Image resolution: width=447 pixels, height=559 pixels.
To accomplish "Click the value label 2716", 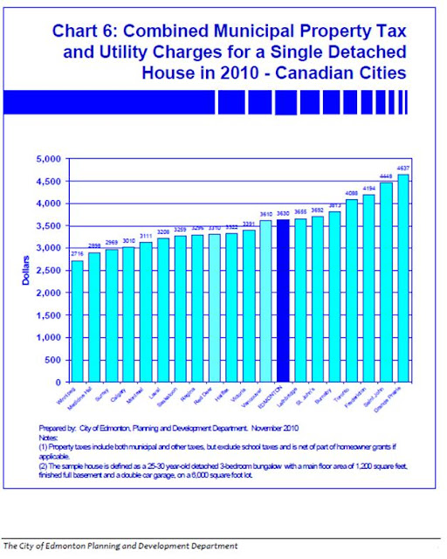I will [77, 254].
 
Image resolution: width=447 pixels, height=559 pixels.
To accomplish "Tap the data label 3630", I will [281, 213].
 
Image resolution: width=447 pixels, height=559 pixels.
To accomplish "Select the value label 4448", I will [385, 176].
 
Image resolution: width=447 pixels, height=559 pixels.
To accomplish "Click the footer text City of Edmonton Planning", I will [87, 546].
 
